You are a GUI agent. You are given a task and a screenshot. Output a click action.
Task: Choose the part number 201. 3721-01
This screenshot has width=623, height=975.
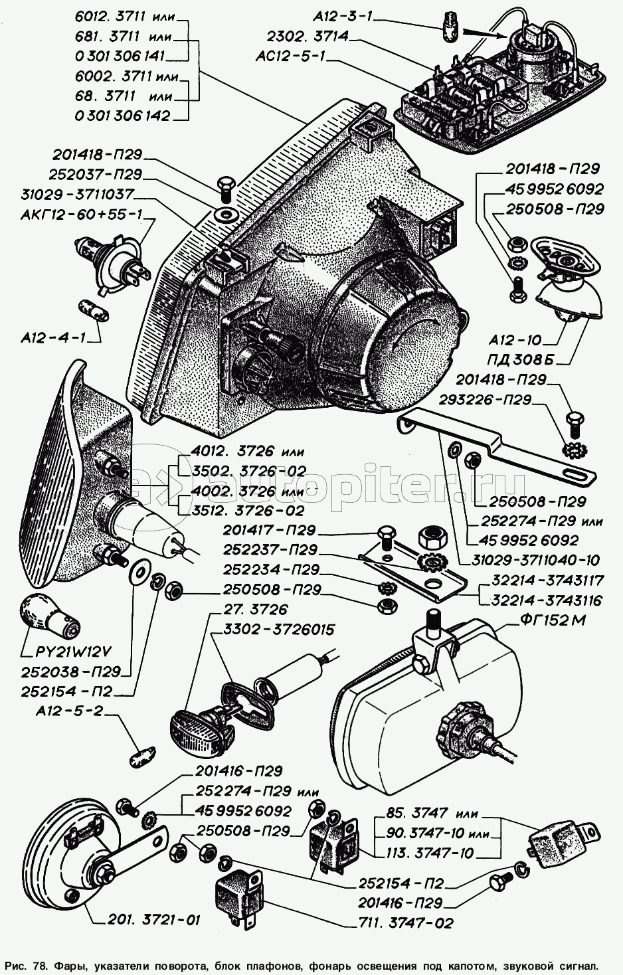152,920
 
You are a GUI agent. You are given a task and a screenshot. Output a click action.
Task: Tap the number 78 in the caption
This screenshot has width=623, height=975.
42,963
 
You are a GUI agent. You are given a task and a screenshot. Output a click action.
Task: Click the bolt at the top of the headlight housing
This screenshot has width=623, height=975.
224,186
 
